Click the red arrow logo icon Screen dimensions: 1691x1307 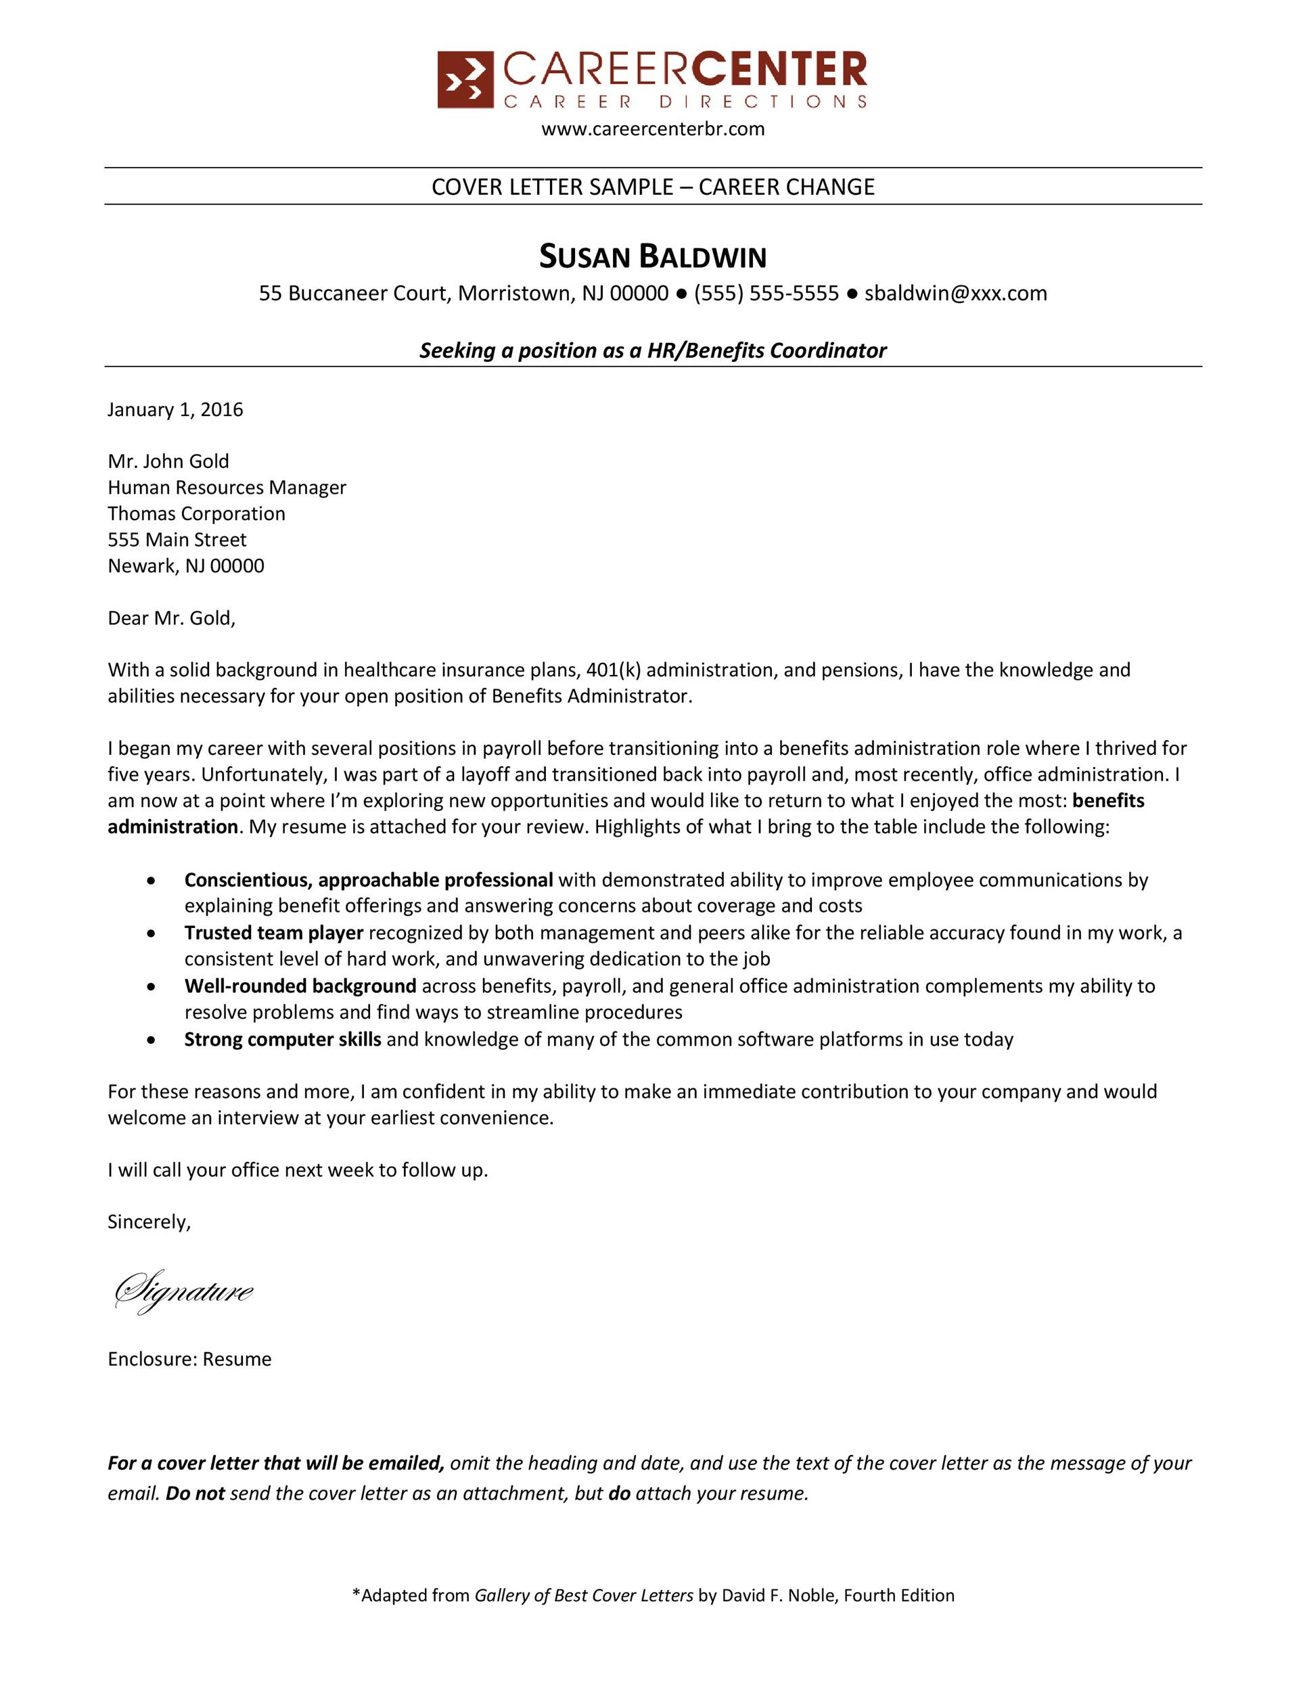pyautogui.click(x=465, y=80)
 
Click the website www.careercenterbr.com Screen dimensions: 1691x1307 pyautogui.click(x=653, y=129)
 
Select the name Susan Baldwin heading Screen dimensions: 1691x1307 pyautogui.click(x=653, y=257)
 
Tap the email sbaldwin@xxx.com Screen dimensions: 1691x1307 pyautogui.click(x=955, y=294)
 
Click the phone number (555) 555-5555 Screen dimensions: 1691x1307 pyautogui.click(x=766, y=294)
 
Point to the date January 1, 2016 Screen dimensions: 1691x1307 pyautogui.click(x=175, y=410)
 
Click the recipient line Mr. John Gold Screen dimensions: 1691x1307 pyautogui.click(x=168, y=461)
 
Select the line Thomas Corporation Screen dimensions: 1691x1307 pyautogui.click(x=196, y=513)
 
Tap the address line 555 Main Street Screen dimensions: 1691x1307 pyautogui.click(x=177, y=540)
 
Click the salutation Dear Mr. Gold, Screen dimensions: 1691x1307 pyautogui.click(x=171, y=618)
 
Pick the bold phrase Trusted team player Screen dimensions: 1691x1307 pyautogui.click(x=273, y=933)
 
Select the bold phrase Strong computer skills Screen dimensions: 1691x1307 pyautogui.click(x=282, y=1039)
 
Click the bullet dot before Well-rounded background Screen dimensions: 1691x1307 pyautogui.click(x=152, y=987)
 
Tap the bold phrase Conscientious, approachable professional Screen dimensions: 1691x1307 pyautogui.click(x=368, y=881)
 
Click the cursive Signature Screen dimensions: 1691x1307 pyautogui.click(x=183, y=1291)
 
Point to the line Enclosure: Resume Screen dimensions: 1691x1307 pyautogui.click(x=189, y=1359)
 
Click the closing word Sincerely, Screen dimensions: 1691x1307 pyautogui.click(x=149, y=1222)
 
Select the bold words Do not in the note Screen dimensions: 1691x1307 pyautogui.click(x=195, y=1493)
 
